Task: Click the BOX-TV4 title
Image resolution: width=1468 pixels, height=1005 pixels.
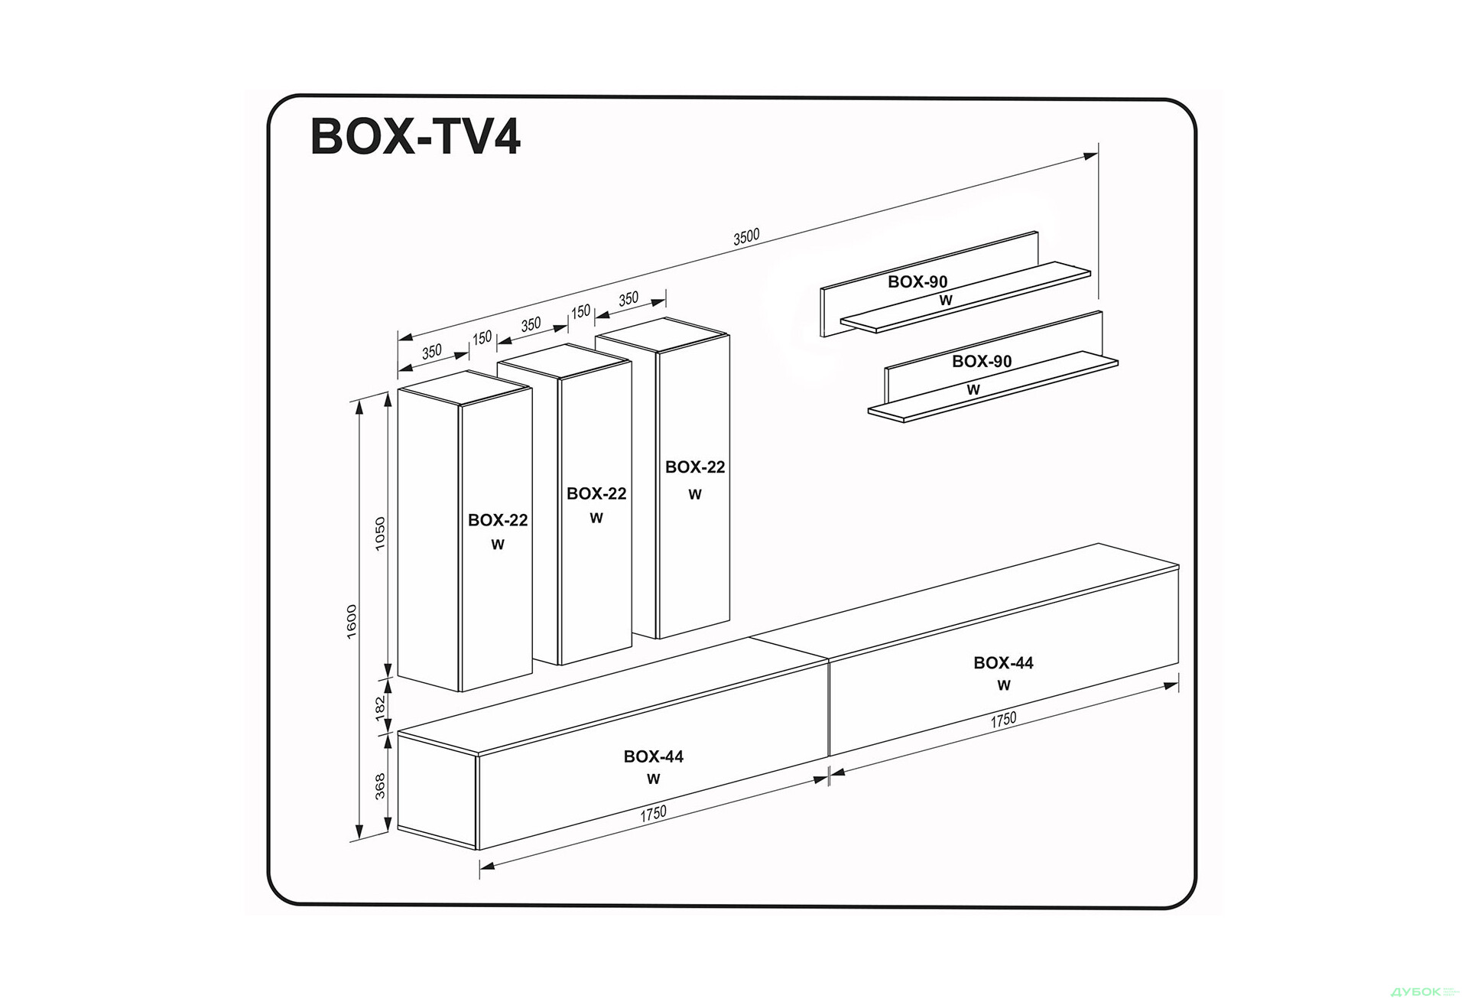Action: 415,138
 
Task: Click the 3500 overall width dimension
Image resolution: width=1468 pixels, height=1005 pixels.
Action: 746,237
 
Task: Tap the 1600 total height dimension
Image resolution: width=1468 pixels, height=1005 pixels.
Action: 352,621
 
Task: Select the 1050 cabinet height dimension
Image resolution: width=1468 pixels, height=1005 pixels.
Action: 381,533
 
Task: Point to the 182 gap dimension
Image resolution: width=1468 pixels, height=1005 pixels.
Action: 381,708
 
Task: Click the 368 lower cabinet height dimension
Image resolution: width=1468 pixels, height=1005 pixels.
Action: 381,785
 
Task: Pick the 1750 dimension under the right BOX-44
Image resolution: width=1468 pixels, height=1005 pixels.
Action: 1003,720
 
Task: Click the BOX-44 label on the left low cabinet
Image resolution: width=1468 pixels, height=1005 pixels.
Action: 653,756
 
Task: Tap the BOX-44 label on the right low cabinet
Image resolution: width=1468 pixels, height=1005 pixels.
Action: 1003,663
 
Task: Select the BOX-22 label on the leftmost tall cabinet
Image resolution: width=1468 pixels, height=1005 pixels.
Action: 498,520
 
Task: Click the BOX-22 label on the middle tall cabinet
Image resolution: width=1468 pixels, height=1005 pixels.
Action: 596,494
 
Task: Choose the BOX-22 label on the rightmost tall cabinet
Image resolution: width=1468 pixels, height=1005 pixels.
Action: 694,467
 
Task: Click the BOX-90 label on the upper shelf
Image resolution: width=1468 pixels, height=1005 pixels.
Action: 917,281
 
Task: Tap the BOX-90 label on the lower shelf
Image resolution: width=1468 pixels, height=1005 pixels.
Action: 982,361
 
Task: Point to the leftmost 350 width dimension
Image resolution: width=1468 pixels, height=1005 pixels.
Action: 432,352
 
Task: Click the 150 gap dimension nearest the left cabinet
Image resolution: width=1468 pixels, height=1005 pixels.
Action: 482,337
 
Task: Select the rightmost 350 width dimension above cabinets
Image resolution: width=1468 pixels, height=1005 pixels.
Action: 628,299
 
